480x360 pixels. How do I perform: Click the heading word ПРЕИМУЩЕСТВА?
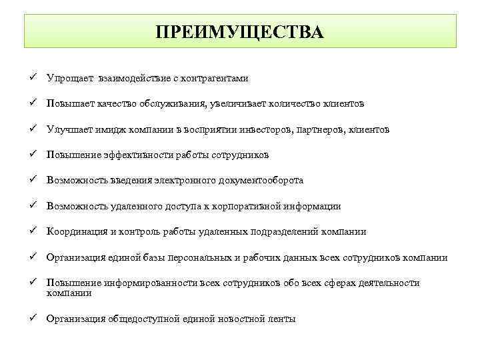(x=240, y=32)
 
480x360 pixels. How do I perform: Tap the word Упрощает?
(x=69, y=79)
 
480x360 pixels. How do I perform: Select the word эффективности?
(x=138, y=155)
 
